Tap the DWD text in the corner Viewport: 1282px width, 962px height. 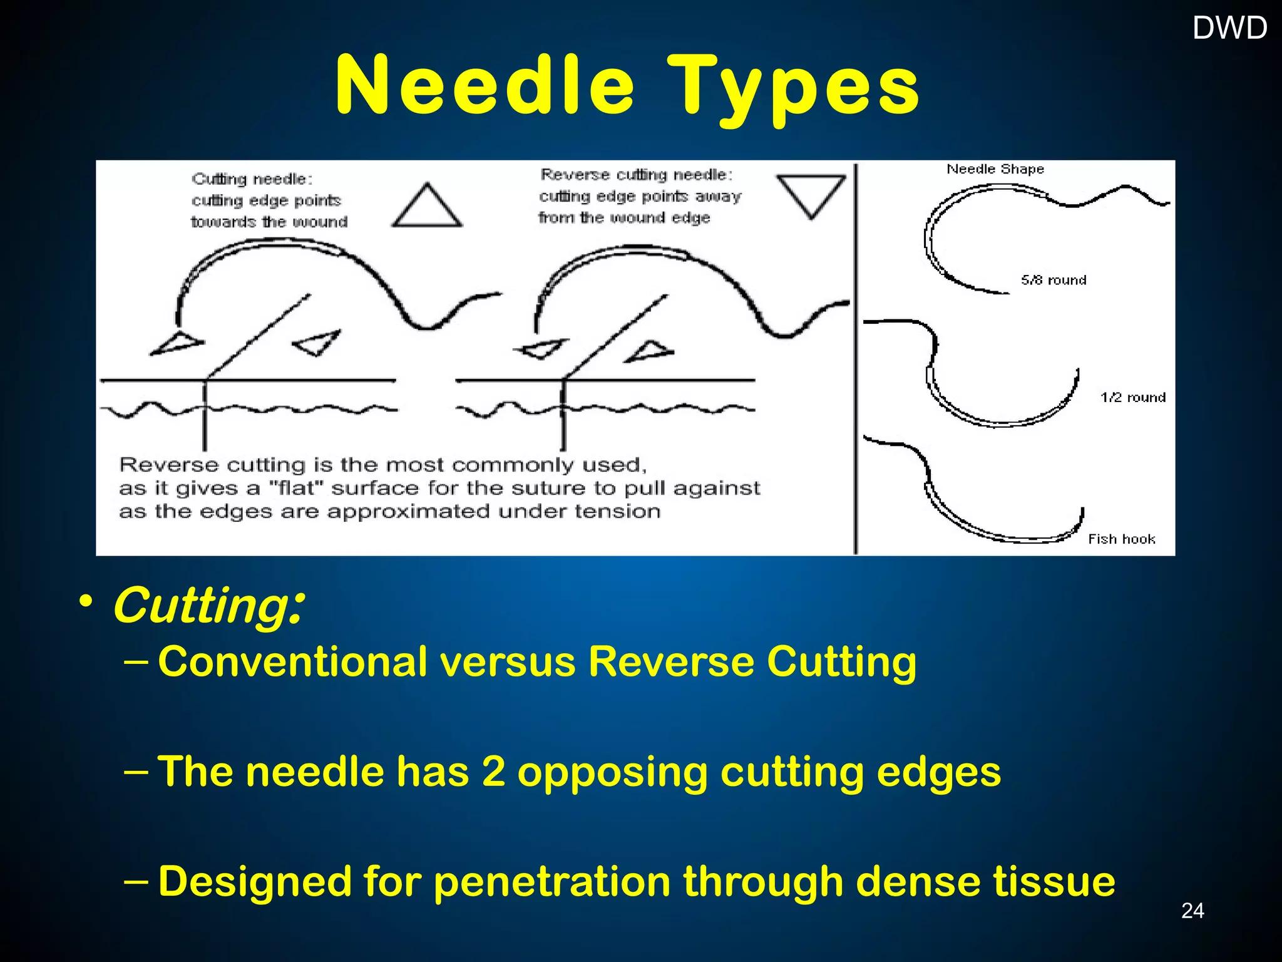click(x=1229, y=28)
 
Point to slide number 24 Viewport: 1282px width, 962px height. click(x=1192, y=910)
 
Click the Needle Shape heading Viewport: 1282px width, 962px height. click(x=995, y=169)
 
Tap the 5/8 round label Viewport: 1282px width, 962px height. click(x=1054, y=280)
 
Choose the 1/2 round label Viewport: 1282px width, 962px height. click(x=1133, y=397)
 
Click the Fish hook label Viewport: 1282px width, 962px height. click(x=1121, y=539)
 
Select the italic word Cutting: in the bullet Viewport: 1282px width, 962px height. click(x=209, y=606)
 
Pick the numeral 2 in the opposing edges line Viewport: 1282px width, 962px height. click(x=494, y=772)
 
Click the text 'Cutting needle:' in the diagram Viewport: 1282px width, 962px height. click(x=252, y=179)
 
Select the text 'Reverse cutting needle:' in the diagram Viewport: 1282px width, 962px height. click(x=637, y=175)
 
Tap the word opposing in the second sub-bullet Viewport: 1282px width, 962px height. click(x=612, y=773)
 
